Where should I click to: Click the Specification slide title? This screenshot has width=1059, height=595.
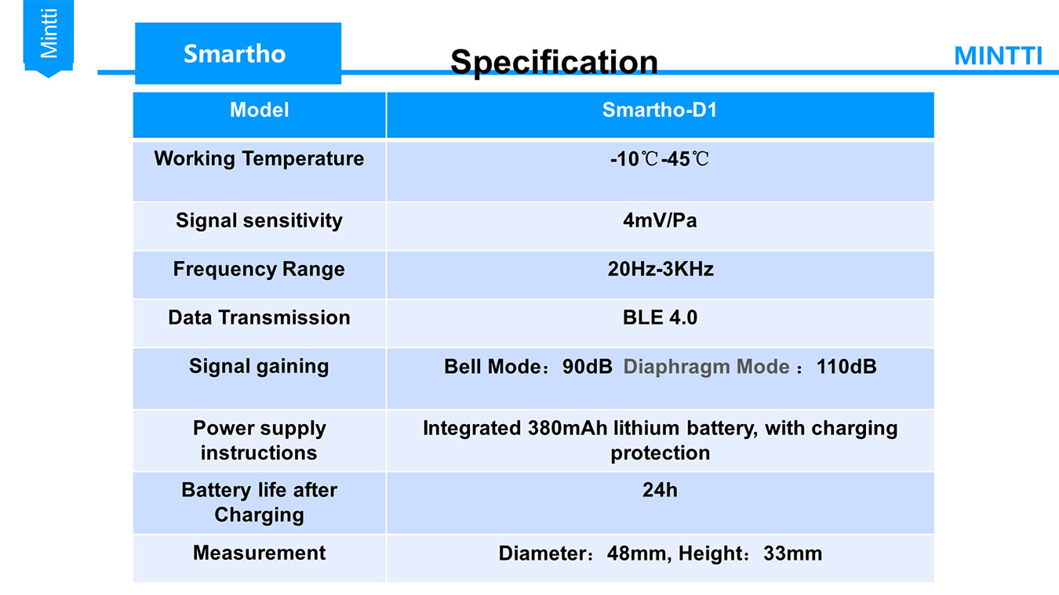coord(554,63)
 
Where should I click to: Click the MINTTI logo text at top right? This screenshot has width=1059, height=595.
coord(998,56)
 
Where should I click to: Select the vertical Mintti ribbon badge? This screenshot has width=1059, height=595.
coord(48,38)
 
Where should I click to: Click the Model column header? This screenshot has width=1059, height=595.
coord(259,110)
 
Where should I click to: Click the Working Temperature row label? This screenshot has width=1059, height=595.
coord(259,159)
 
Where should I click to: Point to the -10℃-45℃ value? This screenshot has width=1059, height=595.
coord(660,159)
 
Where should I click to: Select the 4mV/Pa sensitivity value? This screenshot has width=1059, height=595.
coord(660,221)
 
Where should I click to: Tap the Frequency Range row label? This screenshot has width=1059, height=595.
coord(259,270)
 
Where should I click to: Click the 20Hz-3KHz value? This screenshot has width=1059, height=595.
coord(661,270)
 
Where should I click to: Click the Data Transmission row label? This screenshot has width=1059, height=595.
coord(259,317)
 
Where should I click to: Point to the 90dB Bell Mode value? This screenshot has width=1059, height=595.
coord(588,367)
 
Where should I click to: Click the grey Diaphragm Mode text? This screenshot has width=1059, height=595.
coord(706,367)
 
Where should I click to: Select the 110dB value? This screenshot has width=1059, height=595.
coord(846,367)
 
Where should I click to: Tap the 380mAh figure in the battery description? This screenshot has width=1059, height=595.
coord(567,428)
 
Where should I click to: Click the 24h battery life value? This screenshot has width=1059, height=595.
coord(660,490)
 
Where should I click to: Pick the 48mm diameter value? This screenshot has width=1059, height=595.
coord(636,553)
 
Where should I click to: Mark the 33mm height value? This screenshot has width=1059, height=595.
coord(793,553)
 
